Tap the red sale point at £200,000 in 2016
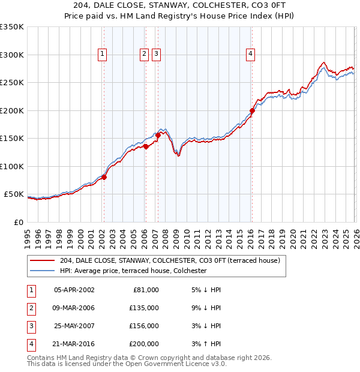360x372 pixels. [x=252, y=110]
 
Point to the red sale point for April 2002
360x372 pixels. [x=104, y=177]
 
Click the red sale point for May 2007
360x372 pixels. [x=158, y=135]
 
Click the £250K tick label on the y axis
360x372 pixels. [x=11, y=83]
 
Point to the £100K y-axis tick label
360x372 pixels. [x=11, y=166]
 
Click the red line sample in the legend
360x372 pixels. [x=43, y=260]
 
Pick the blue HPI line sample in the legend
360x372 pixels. [x=43, y=271]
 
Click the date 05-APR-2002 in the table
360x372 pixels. [x=74, y=290]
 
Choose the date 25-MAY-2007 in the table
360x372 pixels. [x=74, y=326]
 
